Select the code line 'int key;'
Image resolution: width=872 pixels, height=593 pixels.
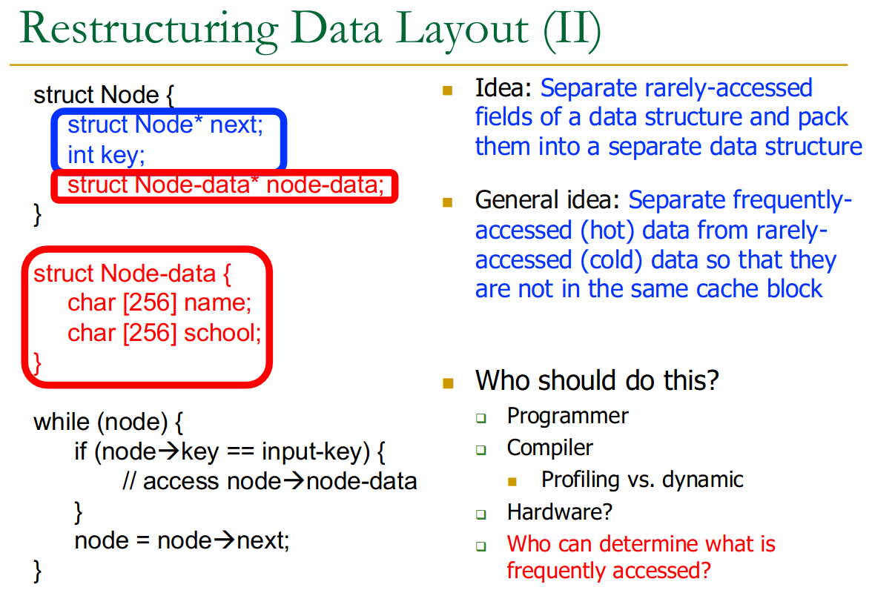(106, 155)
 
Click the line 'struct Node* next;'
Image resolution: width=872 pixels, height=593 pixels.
(165, 125)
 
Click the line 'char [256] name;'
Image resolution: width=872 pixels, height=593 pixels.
(159, 303)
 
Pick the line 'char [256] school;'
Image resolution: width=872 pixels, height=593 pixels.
(165, 334)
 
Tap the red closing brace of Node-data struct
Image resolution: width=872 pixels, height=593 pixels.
(37, 364)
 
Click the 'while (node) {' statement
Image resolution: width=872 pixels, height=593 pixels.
(108, 423)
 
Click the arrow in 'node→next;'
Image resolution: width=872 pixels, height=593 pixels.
(225, 540)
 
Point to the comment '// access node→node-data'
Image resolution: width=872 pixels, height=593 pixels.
(270, 481)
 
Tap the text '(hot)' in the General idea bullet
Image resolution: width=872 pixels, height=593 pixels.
(607, 230)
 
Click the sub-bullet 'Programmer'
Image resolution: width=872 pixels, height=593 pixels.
(568, 417)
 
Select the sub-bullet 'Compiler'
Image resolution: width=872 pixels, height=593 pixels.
(550, 448)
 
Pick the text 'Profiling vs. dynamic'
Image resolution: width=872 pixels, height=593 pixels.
(642, 480)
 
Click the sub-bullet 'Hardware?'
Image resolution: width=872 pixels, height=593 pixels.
(559, 512)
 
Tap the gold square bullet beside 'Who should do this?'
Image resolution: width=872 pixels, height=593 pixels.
(448, 383)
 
